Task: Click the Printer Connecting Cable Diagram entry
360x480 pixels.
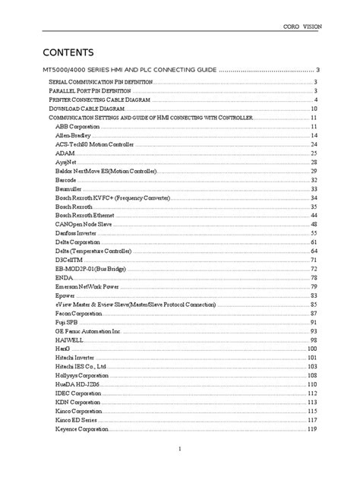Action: point(99,99)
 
